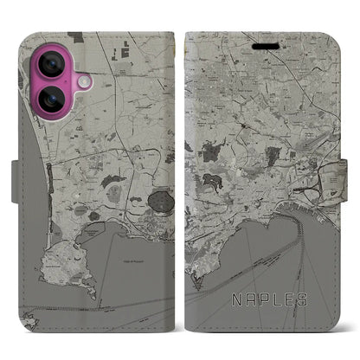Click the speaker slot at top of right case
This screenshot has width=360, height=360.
pyautogui.click(x=262, y=41)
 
